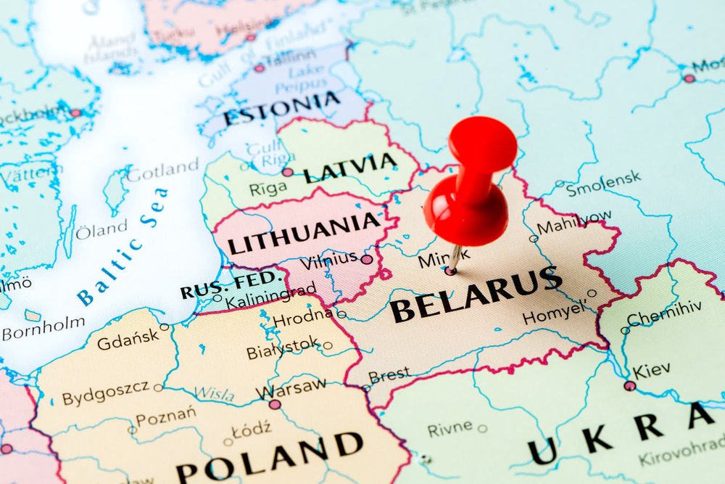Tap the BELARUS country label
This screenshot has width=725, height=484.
click(476, 293)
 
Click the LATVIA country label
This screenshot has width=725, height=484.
click(350, 168)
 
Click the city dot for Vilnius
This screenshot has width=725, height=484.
click(367, 259)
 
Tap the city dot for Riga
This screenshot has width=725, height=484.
click(288, 172)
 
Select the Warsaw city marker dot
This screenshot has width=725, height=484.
click(275, 404)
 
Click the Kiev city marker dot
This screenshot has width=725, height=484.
click(629, 386)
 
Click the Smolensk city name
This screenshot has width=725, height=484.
click(603, 183)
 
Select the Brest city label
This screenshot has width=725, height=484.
click(389, 376)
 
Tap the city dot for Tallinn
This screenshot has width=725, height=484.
click(260, 67)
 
